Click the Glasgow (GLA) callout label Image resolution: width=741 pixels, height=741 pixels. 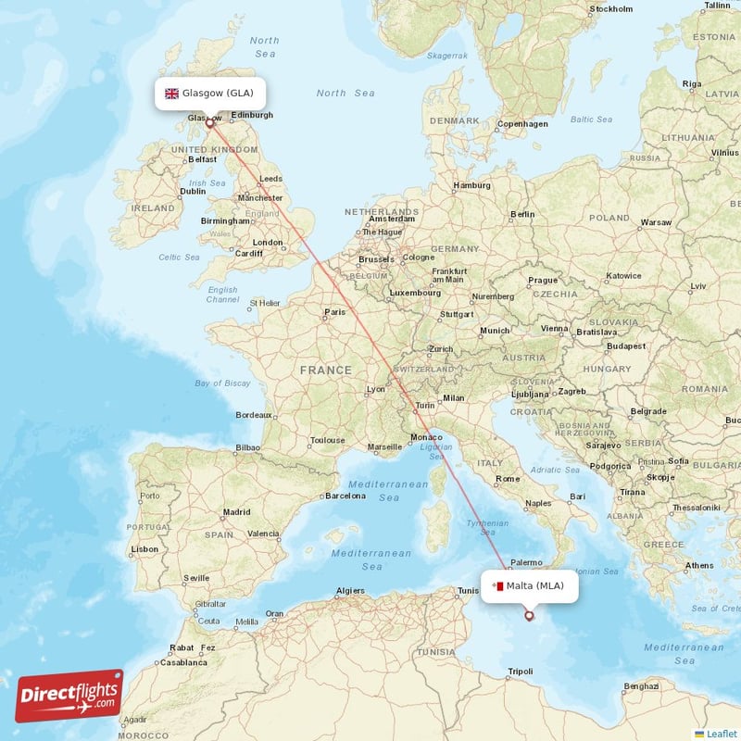coord(210,94)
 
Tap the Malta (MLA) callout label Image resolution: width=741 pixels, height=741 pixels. coord(530,585)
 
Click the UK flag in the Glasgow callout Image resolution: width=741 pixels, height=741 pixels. coord(171,94)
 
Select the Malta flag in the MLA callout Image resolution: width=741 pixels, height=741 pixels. coord(497,585)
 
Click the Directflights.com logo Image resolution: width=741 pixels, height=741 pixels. coord(69,696)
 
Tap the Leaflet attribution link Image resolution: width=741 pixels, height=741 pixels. coord(722,734)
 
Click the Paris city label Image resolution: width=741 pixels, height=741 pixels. coord(334,313)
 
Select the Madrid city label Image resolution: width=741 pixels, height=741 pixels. coord(236,511)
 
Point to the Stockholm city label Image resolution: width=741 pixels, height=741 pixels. coord(610,9)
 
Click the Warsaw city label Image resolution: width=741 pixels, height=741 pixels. coord(656,222)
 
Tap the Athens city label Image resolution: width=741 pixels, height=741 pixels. coord(699,565)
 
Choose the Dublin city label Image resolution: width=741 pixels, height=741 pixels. coord(193,191)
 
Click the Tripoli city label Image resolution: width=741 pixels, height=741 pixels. coord(521,672)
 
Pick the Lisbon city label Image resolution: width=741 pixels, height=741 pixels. coord(144,549)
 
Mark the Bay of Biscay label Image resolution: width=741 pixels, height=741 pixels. coord(222,383)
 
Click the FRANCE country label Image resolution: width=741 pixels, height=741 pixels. coord(325,370)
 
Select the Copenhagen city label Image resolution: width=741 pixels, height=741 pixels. coord(522,123)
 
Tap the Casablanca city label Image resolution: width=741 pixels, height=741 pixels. coord(182,662)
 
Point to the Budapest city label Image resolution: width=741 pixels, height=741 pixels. coord(626,346)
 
